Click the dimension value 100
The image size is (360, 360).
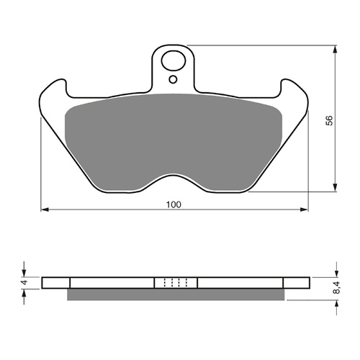point(173,204)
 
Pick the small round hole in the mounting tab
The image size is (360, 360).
point(173,80)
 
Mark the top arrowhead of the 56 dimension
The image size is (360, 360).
point(336,51)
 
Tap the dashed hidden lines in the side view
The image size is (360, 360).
point(176,282)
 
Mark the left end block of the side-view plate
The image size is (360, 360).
point(56,282)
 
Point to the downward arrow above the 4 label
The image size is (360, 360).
point(23,271)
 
